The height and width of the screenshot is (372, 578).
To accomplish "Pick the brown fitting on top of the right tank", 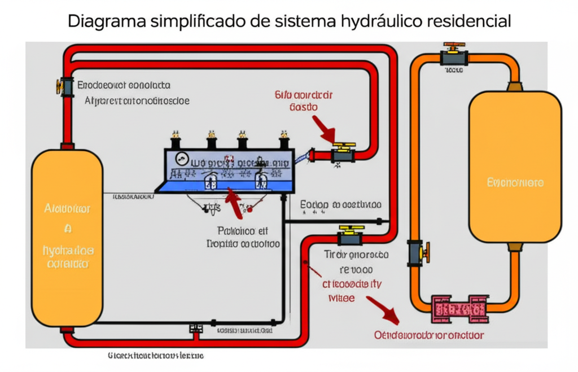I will [515, 86].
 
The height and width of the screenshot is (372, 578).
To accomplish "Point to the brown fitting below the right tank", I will [515, 247].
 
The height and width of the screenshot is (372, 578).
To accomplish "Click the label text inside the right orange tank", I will [515, 183].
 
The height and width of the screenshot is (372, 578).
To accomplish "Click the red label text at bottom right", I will [429, 335].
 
